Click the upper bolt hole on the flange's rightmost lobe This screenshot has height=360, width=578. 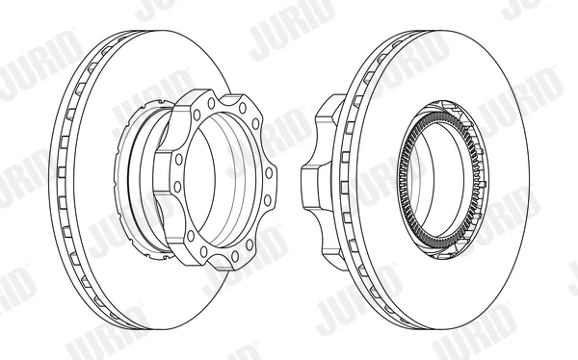click(269, 173)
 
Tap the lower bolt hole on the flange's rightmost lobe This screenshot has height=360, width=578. click(267, 200)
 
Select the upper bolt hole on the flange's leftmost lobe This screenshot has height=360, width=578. click(179, 160)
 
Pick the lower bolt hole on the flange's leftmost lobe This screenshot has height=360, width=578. click(177, 187)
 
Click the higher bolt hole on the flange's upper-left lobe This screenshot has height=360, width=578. click(211, 103)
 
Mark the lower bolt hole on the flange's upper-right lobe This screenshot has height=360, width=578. click(255, 124)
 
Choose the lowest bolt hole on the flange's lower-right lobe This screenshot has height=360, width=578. click(234, 256)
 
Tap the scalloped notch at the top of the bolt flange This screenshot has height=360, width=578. click(223, 97)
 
